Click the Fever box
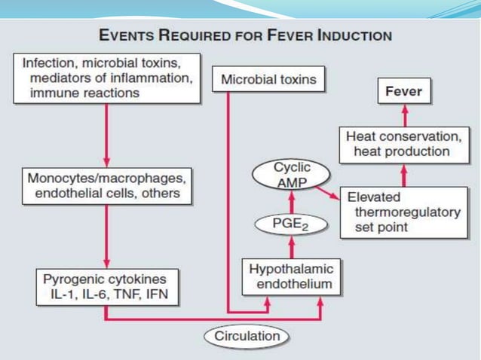click(x=403, y=93)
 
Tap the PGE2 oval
click(x=291, y=223)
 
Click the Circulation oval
click(x=246, y=337)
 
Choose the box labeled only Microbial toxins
click(x=269, y=79)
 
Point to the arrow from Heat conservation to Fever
click(x=403, y=115)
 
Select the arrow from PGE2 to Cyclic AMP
click(x=291, y=200)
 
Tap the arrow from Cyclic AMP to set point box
click(x=329, y=195)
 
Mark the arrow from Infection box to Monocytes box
click(x=106, y=136)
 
